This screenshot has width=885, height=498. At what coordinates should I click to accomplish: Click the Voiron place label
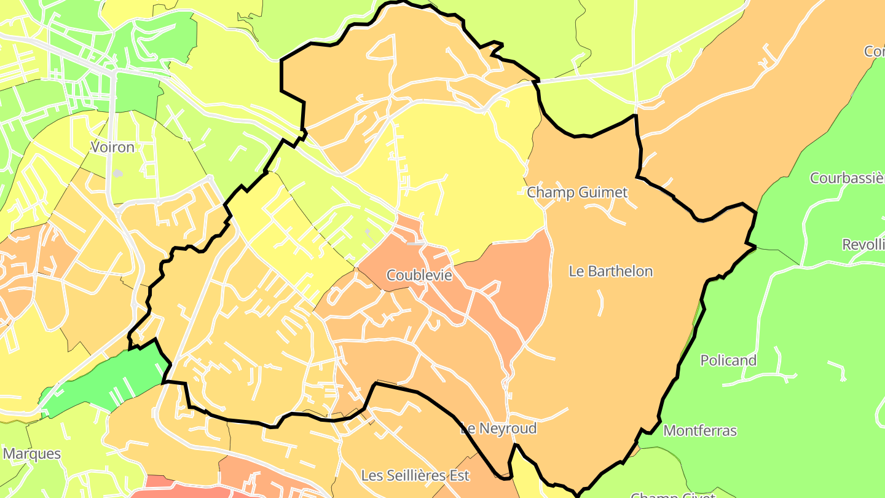112,148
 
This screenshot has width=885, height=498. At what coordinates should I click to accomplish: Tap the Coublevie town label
419,275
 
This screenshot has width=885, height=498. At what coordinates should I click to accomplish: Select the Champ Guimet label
577,192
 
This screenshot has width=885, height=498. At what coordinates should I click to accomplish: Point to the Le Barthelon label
610,271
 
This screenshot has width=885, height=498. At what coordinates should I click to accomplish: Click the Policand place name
728,360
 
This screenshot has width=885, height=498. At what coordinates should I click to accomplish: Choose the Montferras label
700,430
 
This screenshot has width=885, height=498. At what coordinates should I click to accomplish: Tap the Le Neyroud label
498,429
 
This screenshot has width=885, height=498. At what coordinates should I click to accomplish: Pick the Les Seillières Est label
415,475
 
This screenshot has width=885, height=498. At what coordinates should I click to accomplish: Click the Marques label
32,454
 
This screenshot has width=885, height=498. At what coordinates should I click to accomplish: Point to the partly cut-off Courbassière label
847,178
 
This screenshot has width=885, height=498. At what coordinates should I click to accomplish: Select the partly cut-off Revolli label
863,245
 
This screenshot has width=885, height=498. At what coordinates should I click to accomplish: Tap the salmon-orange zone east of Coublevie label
516,283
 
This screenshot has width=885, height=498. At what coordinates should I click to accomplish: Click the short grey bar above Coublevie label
415,244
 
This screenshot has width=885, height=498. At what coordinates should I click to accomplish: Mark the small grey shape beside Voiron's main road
117,174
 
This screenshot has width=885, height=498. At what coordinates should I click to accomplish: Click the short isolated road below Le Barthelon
600,302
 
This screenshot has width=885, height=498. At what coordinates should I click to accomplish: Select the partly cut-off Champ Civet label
673,494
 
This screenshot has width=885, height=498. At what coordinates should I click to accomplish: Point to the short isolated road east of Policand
837,370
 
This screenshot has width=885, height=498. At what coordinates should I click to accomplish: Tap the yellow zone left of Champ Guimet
467,178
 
